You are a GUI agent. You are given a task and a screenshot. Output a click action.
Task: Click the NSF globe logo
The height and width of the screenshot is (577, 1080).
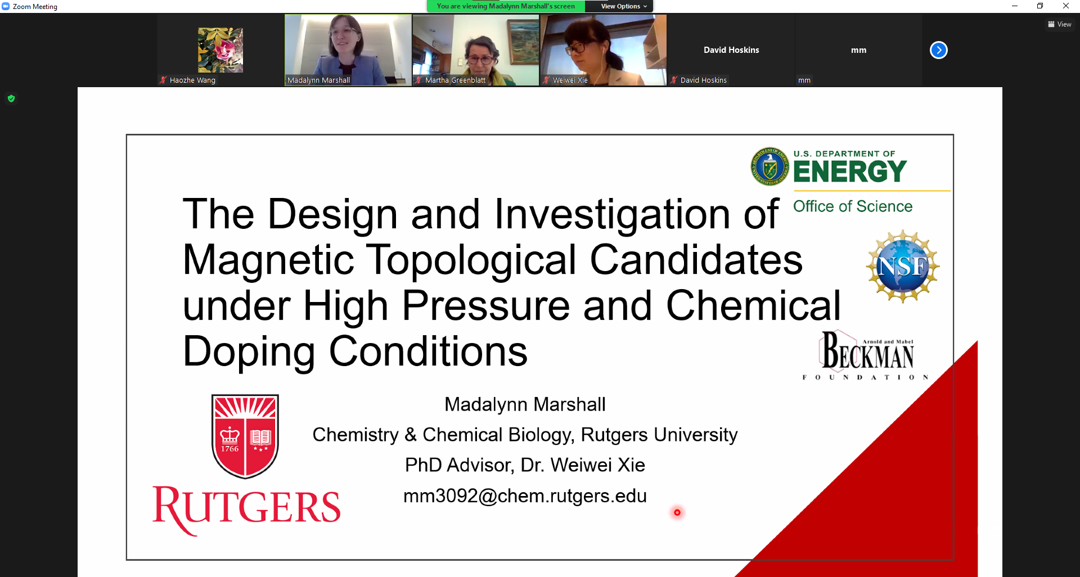tap(903, 266)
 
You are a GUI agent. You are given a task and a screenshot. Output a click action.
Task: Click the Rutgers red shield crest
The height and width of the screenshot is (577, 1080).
tap(245, 436)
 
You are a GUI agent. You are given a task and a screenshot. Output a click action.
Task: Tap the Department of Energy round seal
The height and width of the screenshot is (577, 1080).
tap(770, 166)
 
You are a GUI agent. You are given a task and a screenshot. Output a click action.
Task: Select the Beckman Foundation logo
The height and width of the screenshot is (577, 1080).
tap(866, 355)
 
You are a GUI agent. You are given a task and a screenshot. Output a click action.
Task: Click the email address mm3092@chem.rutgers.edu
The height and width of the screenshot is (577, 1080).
tap(525, 496)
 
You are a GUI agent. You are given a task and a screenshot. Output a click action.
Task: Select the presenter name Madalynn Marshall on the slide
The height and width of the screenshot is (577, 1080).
tap(525, 404)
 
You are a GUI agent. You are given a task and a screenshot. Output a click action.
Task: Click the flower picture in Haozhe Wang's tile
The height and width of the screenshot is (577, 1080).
tap(220, 50)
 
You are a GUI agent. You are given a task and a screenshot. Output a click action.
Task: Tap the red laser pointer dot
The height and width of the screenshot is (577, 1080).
tap(677, 512)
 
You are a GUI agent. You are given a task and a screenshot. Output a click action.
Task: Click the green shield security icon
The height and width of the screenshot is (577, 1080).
tap(11, 99)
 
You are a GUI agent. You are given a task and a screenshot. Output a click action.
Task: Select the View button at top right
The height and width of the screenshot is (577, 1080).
tap(1060, 24)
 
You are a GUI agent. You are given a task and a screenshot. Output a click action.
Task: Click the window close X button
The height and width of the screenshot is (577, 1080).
tap(1066, 6)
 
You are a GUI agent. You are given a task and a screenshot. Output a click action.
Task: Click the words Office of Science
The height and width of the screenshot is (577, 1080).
tap(853, 206)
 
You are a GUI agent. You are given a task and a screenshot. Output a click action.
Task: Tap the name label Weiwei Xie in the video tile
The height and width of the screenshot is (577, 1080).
tap(570, 80)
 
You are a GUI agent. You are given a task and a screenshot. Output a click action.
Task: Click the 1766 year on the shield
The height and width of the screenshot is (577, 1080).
tap(229, 449)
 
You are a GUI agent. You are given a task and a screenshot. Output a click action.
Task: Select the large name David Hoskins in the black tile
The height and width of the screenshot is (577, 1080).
tap(731, 50)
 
